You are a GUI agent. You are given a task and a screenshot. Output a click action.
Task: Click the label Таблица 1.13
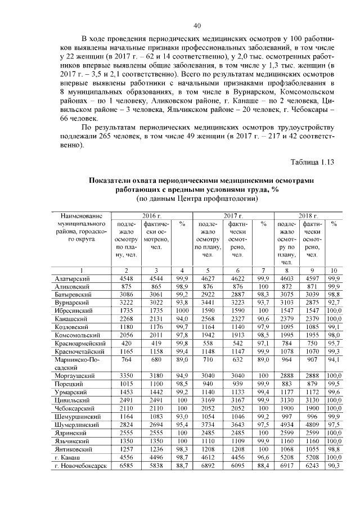(x=312, y=163)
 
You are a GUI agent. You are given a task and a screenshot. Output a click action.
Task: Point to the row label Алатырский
(x=72, y=278)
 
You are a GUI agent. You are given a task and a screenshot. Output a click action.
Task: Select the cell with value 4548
(x=127, y=278)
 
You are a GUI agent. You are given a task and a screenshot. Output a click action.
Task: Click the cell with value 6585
(x=127, y=466)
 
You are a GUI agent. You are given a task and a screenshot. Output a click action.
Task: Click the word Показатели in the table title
(x=115, y=181)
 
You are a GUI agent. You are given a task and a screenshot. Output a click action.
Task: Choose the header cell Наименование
(x=75, y=215)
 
